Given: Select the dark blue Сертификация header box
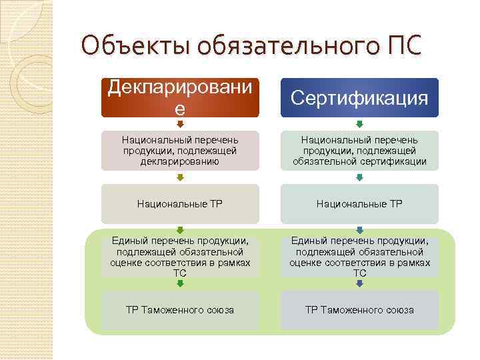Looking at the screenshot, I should [x=359, y=99].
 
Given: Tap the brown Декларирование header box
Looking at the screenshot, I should [x=180, y=98].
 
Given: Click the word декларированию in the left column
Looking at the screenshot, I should [x=180, y=161].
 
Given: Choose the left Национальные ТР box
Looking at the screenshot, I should [x=180, y=203].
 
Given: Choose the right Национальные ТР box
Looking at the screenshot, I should [x=359, y=203].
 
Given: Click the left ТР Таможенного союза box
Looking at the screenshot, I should [x=180, y=310].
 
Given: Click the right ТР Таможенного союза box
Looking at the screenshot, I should [x=359, y=310].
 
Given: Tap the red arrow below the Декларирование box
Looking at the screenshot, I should [x=180, y=124].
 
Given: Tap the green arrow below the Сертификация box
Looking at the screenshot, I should [x=359, y=124].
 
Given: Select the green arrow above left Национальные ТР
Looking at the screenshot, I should [x=180, y=177].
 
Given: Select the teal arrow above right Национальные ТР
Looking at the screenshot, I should [x=359, y=177].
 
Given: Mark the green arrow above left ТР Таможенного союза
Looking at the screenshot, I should [x=180, y=284].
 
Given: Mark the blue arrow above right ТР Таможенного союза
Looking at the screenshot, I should [x=359, y=284].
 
